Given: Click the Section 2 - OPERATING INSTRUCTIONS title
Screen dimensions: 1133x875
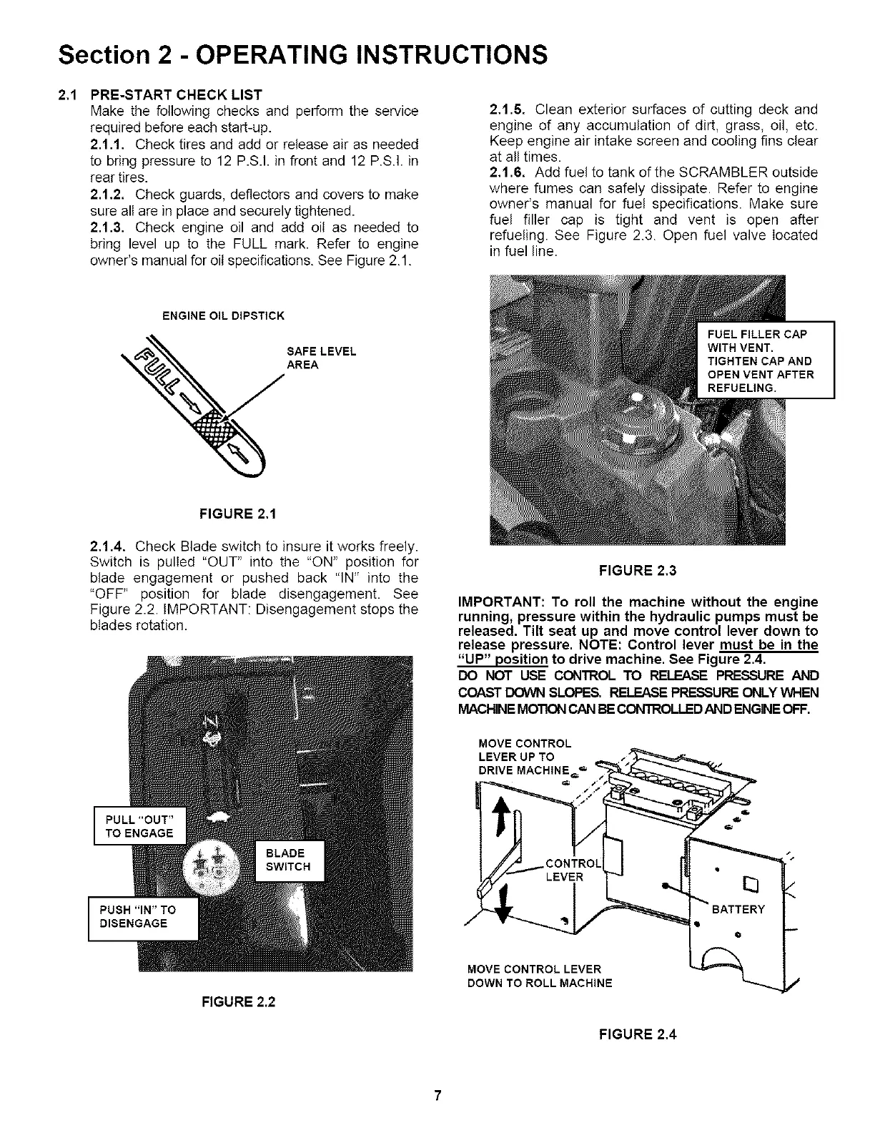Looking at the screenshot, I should tap(303, 54).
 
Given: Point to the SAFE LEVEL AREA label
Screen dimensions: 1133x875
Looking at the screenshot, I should tap(320, 358).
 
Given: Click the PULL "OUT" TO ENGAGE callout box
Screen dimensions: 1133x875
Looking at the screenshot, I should tap(139, 825).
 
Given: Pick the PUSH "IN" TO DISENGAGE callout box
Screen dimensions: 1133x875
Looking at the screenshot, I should tap(142, 917).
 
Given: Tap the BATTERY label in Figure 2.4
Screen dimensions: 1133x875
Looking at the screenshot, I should tap(738, 909).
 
